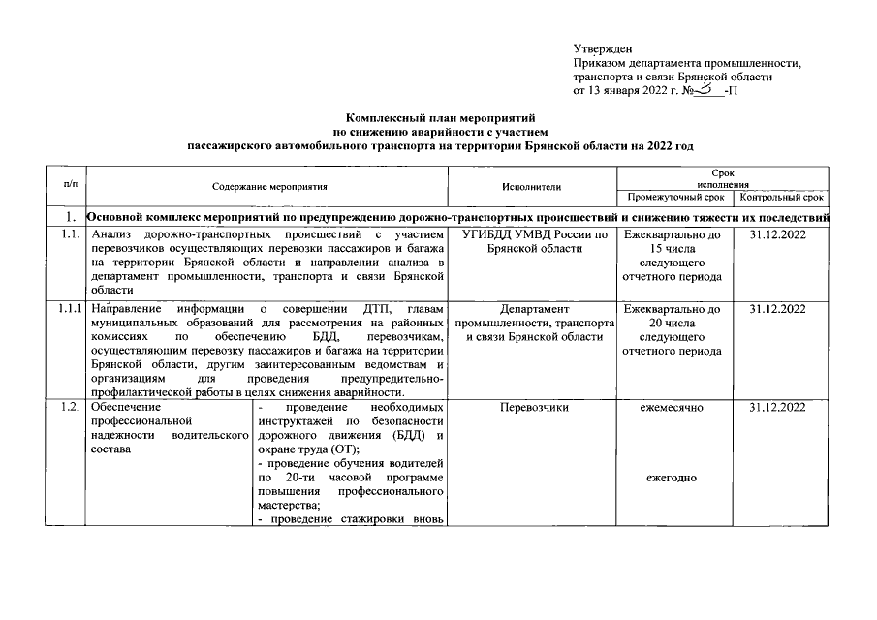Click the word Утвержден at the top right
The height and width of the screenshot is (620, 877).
click(602, 47)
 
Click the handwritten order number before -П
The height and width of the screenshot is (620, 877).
click(708, 89)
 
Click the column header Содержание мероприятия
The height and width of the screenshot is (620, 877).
click(269, 185)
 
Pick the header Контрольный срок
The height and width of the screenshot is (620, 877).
click(781, 197)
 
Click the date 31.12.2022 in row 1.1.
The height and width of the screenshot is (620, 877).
click(780, 234)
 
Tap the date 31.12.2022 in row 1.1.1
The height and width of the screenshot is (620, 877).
click(780, 309)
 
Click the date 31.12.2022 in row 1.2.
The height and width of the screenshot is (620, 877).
click(780, 408)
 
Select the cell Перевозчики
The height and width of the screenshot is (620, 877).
click(533, 408)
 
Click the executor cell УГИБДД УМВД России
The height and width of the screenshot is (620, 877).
click(533, 242)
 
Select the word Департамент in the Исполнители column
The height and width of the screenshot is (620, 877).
click(532, 309)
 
